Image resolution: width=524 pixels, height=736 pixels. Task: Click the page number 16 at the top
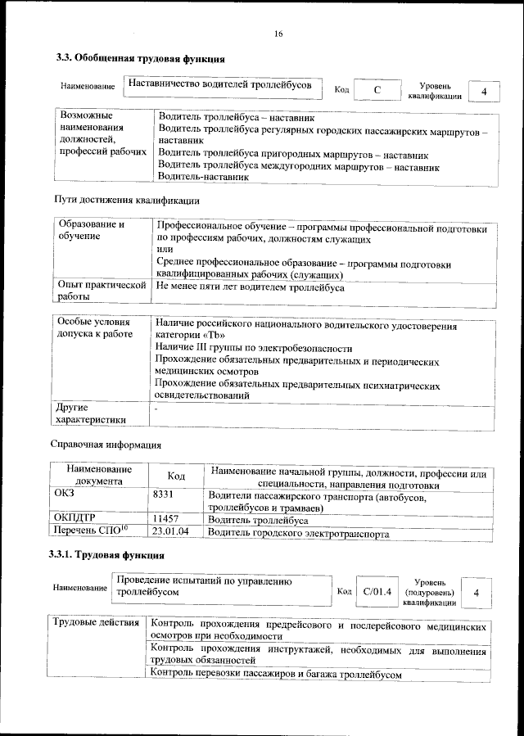pyautogui.click(x=278, y=34)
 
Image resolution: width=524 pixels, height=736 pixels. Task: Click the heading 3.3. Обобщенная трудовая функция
pyautogui.click(x=140, y=58)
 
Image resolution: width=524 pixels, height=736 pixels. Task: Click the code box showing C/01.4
pyautogui.click(x=377, y=590)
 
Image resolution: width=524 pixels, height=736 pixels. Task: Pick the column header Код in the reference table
pyautogui.click(x=176, y=476)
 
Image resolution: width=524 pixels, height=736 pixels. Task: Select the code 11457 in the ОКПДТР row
pyautogui.click(x=166, y=520)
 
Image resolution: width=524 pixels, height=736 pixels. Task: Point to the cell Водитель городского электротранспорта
pyautogui.click(x=298, y=533)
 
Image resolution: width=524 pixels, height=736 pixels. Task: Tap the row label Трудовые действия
pyautogui.click(x=96, y=626)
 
